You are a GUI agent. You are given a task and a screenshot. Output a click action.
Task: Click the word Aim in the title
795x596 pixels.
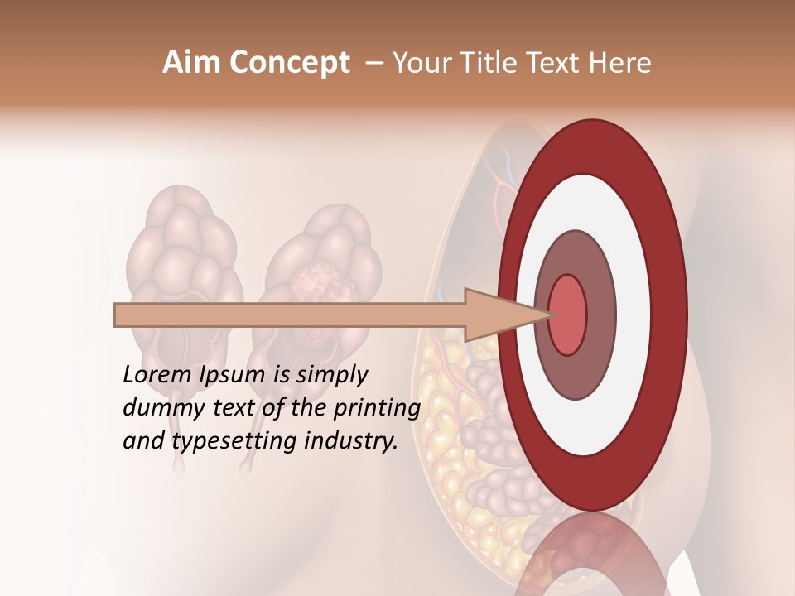(191, 63)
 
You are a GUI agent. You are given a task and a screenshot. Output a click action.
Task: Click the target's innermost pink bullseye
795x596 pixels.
(567, 315)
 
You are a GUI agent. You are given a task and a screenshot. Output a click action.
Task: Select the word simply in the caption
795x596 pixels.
(331, 375)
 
